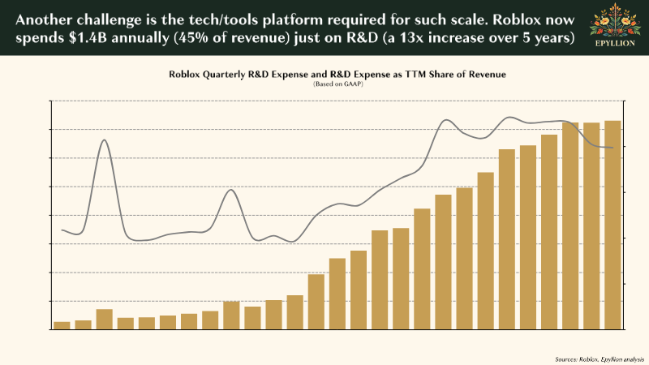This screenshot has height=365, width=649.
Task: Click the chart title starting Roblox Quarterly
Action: pyautogui.click(x=337, y=74)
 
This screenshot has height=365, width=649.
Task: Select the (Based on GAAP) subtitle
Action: pyautogui.click(x=337, y=84)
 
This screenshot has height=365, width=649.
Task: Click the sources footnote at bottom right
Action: pyautogui.click(x=599, y=358)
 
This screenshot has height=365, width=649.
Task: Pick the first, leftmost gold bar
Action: pyautogui.click(x=62, y=325)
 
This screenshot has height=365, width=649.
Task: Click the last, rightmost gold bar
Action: pyautogui.click(x=612, y=225)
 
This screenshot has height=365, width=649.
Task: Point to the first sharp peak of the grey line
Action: pyautogui.click(x=105, y=140)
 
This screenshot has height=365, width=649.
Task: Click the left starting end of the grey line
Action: pyautogui.click(x=62, y=230)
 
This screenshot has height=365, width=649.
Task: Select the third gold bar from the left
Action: pyautogui.click(x=105, y=319)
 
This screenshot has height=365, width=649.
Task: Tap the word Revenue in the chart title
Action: pyautogui.click(x=485, y=74)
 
